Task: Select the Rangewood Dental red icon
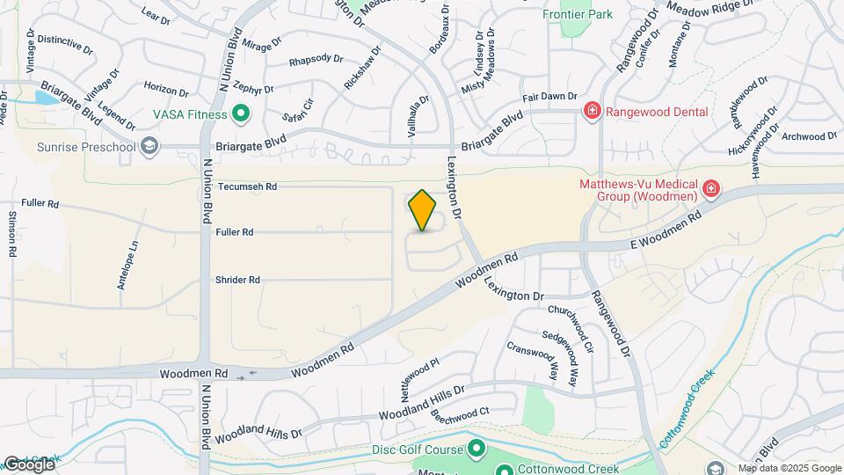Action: pos(593,111)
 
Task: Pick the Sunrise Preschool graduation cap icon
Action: pos(149,145)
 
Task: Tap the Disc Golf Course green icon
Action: pos(477,450)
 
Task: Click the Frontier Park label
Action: pos(578,14)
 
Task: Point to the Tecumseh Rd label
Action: pos(247,186)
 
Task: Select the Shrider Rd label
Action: pos(237,280)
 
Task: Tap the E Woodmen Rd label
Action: pos(665,228)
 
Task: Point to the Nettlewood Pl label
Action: pos(420,376)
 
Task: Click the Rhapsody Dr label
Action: pos(316,60)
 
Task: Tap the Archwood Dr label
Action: pos(809,136)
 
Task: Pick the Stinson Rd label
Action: pos(12,233)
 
